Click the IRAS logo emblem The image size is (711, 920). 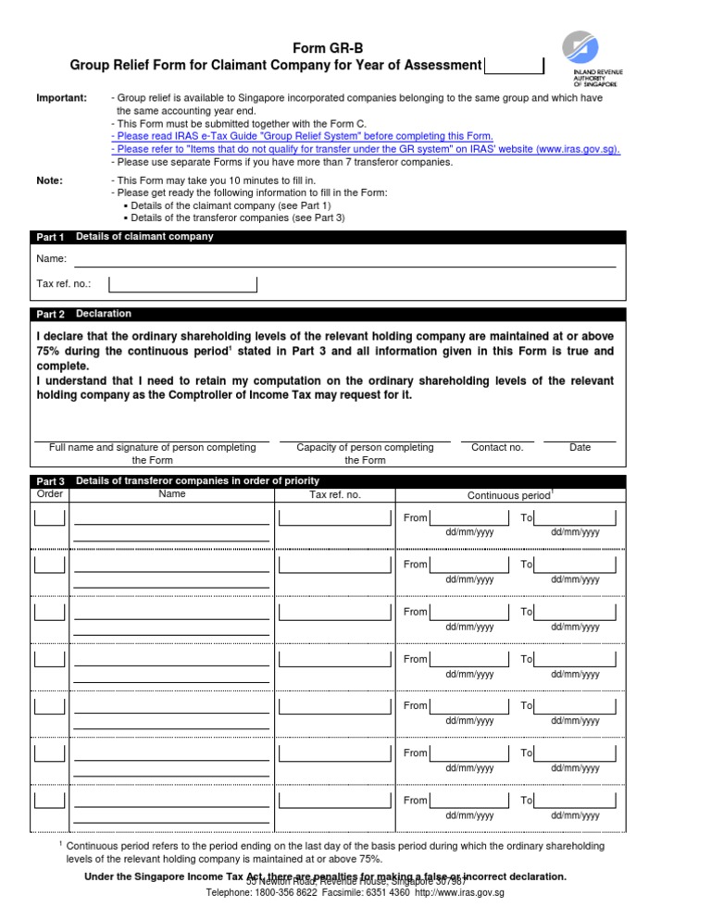tap(588, 46)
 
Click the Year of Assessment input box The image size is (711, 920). tap(514, 66)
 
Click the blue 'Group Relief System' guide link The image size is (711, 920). tap(302, 135)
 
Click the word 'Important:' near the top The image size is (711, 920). tap(61, 98)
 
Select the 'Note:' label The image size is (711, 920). tap(49, 180)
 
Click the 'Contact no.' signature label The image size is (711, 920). tap(497, 448)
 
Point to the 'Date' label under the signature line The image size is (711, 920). tap(580, 448)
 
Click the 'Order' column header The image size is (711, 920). tap(49, 494)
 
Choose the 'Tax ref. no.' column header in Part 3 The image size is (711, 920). tap(334, 495)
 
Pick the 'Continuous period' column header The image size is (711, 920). tap(509, 496)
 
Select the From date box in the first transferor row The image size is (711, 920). tap(468, 517)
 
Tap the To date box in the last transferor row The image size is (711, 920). tap(576, 800)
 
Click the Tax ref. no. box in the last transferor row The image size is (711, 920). tap(335, 800)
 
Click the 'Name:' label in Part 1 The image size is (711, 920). tap(51, 259)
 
